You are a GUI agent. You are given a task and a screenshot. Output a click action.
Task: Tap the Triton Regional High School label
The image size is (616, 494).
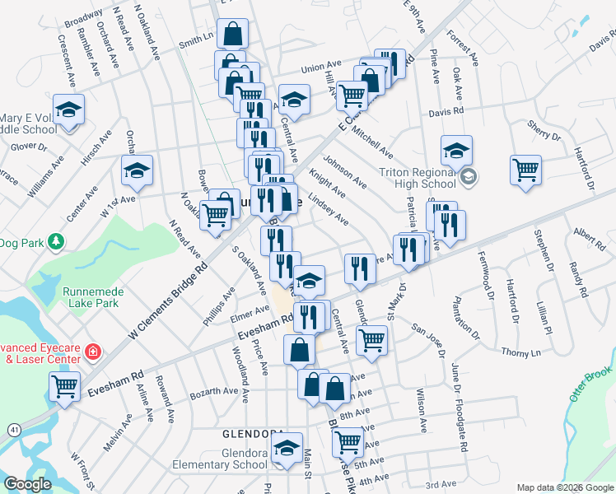417,177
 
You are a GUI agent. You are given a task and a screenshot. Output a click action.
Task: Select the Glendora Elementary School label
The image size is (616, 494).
221,459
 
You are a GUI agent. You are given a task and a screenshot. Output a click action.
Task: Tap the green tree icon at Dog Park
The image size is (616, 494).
56,243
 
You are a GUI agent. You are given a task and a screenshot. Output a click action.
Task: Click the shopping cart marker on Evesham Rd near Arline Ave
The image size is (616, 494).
64,386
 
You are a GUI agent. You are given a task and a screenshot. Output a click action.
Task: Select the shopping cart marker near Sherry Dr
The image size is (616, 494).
525,170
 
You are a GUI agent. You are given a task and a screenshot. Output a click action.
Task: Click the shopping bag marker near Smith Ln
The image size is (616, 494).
234,35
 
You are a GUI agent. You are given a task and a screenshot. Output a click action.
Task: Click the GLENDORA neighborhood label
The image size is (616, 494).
254,434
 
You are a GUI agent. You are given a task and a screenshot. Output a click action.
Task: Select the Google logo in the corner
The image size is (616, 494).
27,484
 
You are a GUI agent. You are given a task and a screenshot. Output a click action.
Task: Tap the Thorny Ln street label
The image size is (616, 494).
522,352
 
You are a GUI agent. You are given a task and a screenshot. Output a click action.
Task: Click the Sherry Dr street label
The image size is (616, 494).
544,129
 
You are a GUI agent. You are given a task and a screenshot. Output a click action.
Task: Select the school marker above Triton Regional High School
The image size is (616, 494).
456,151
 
